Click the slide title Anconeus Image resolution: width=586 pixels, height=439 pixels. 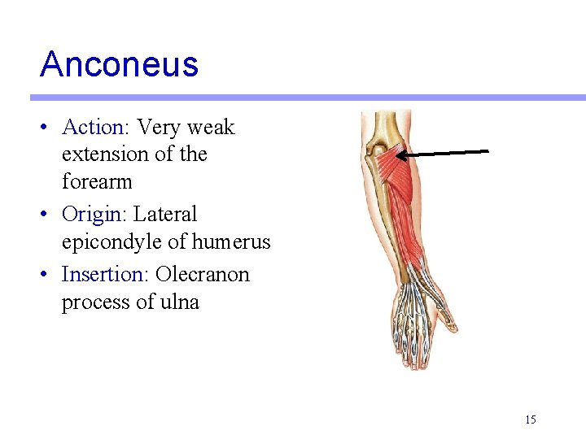119,63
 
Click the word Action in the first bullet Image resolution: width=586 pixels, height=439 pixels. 92,128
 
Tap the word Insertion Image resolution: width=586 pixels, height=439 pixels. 104,275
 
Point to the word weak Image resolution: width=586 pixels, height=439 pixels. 210,128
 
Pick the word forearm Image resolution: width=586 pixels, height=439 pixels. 97,181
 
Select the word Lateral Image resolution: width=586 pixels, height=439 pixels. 165,215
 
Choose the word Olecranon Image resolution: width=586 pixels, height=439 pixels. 202,275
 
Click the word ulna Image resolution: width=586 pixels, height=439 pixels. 179,302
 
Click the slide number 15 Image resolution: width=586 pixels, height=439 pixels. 531,419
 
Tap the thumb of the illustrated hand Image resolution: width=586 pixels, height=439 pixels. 446,320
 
